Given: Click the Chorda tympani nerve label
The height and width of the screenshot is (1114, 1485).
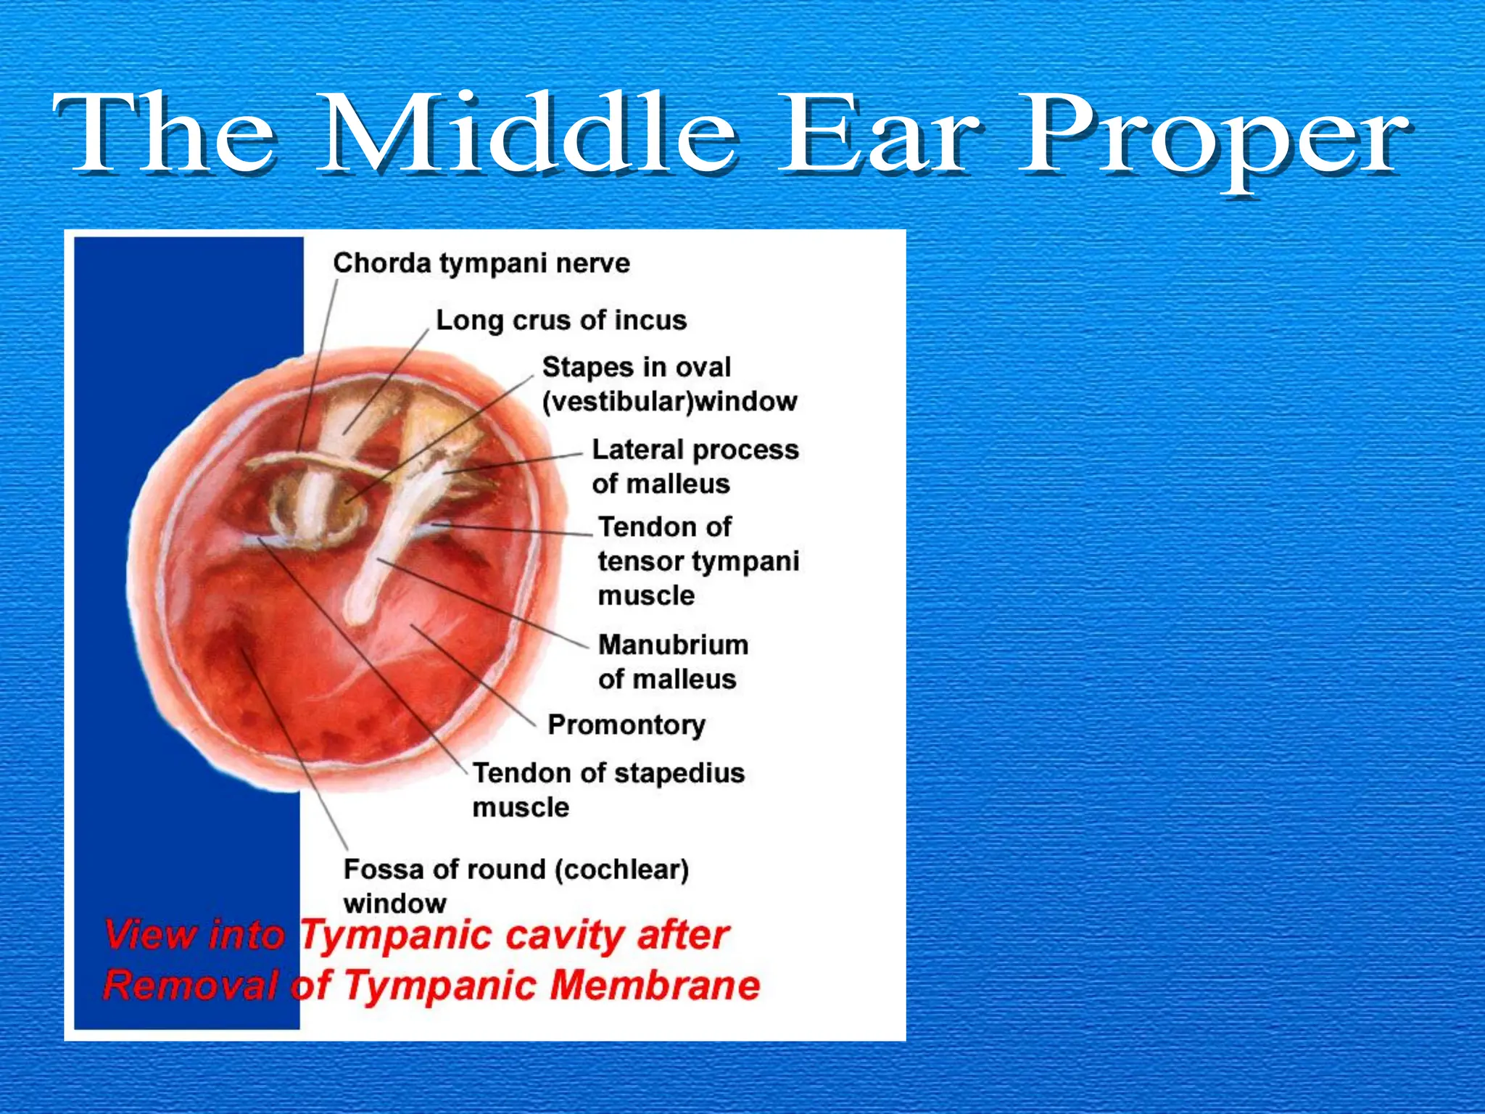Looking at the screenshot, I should click(x=481, y=263).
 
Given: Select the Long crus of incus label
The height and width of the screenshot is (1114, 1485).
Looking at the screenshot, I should click(x=561, y=320).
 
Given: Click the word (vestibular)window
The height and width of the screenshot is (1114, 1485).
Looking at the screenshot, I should click(x=669, y=401).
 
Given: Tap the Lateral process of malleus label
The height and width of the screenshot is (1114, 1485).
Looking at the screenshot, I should click(x=695, y=466).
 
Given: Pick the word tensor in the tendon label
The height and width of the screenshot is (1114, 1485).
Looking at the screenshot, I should click(x=639, y=561).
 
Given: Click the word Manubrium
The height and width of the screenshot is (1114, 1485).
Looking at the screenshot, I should click(x=673, y=645).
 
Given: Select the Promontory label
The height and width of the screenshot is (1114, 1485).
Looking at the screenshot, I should click(x=626, y=725).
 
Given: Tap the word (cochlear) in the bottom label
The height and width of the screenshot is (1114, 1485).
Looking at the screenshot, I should click(x=621, y=869).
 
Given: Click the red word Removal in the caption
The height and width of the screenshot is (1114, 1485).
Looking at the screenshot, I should click(x=190, y=986).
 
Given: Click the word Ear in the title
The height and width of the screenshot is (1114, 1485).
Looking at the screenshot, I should click(x=877, y=134).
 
